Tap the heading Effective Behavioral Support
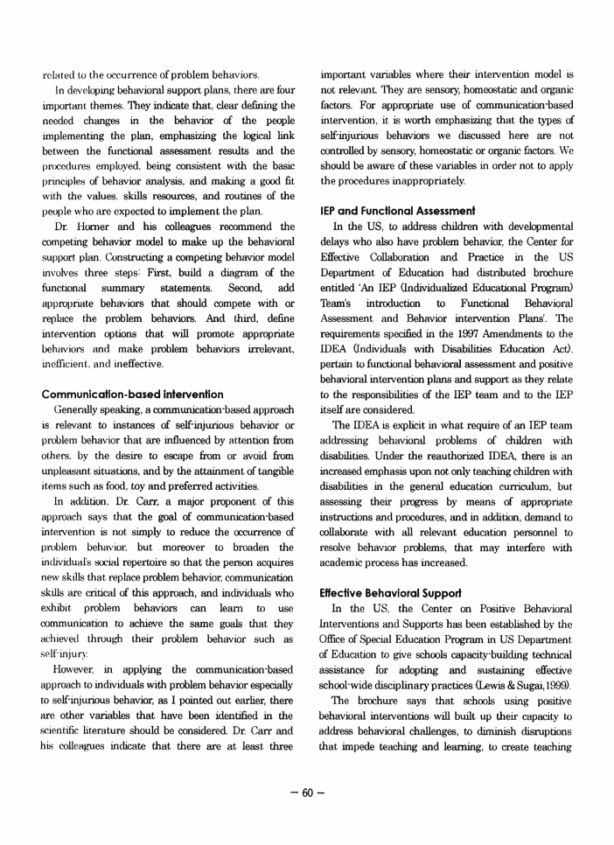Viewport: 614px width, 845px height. [385, 567]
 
